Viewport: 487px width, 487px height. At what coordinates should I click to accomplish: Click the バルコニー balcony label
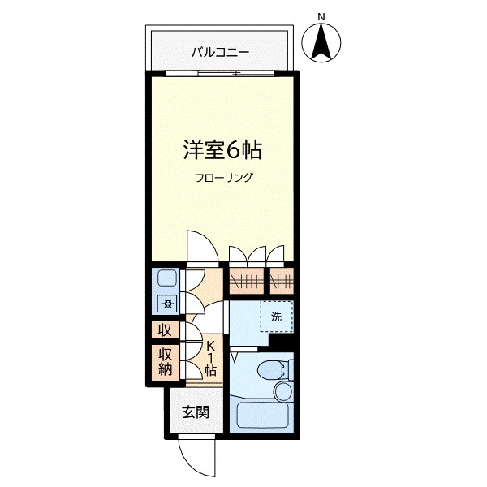(x=220, y=53)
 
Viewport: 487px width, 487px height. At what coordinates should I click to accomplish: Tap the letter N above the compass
(x=321, y=16)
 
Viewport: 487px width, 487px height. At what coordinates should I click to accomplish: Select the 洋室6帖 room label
(x=222, y=150)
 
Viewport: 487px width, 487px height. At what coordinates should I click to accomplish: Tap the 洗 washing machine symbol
(x=276, y=317)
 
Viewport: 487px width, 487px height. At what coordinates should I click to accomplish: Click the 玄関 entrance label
(x=195, y=412)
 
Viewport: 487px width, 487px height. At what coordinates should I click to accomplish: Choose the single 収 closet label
(x=165, y=330)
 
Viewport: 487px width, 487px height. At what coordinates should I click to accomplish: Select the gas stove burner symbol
(x=166, y=304)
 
